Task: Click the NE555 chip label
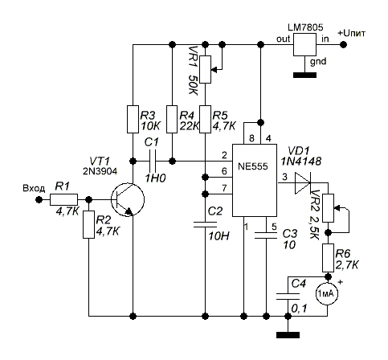pyautogui.click(x=253, y=166)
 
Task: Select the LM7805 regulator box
pyautogui.click(x=304, y=44)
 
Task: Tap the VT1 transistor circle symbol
pyautogui.click(x=128, y=199)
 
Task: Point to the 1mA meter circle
pyautogui.click(x=327, y=294)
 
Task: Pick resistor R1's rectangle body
pyautogui.click(x=63, y=199)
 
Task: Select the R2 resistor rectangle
pyautogui.click(x=88, y=224)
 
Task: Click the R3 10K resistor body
pyautogui.click(x=133, y=119)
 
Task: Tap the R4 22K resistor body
pyautogui.click(x=172, y=119)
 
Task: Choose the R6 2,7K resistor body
pyautogui.click(x=328, y=258)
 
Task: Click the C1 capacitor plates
pyautogui.click(x=152, y=161)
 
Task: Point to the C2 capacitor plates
pyautogui.click(x=205, y=224)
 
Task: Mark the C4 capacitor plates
pyautogui.click(x=288, y=297)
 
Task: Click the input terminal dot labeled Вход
pyautogui.click(x=39, y=199)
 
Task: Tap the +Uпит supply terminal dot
pyautogui.click(x=343, y=44)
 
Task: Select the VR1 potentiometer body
pyautogui.click(x=206, y=69)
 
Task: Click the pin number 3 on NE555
pyautogui.click(x=284, y=177)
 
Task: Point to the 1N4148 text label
pyautogui.click(x=300, y=162)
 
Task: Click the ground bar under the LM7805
pyautogui.click(x=304, y=75)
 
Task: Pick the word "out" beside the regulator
pyautogui.click(x=283, y=39)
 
